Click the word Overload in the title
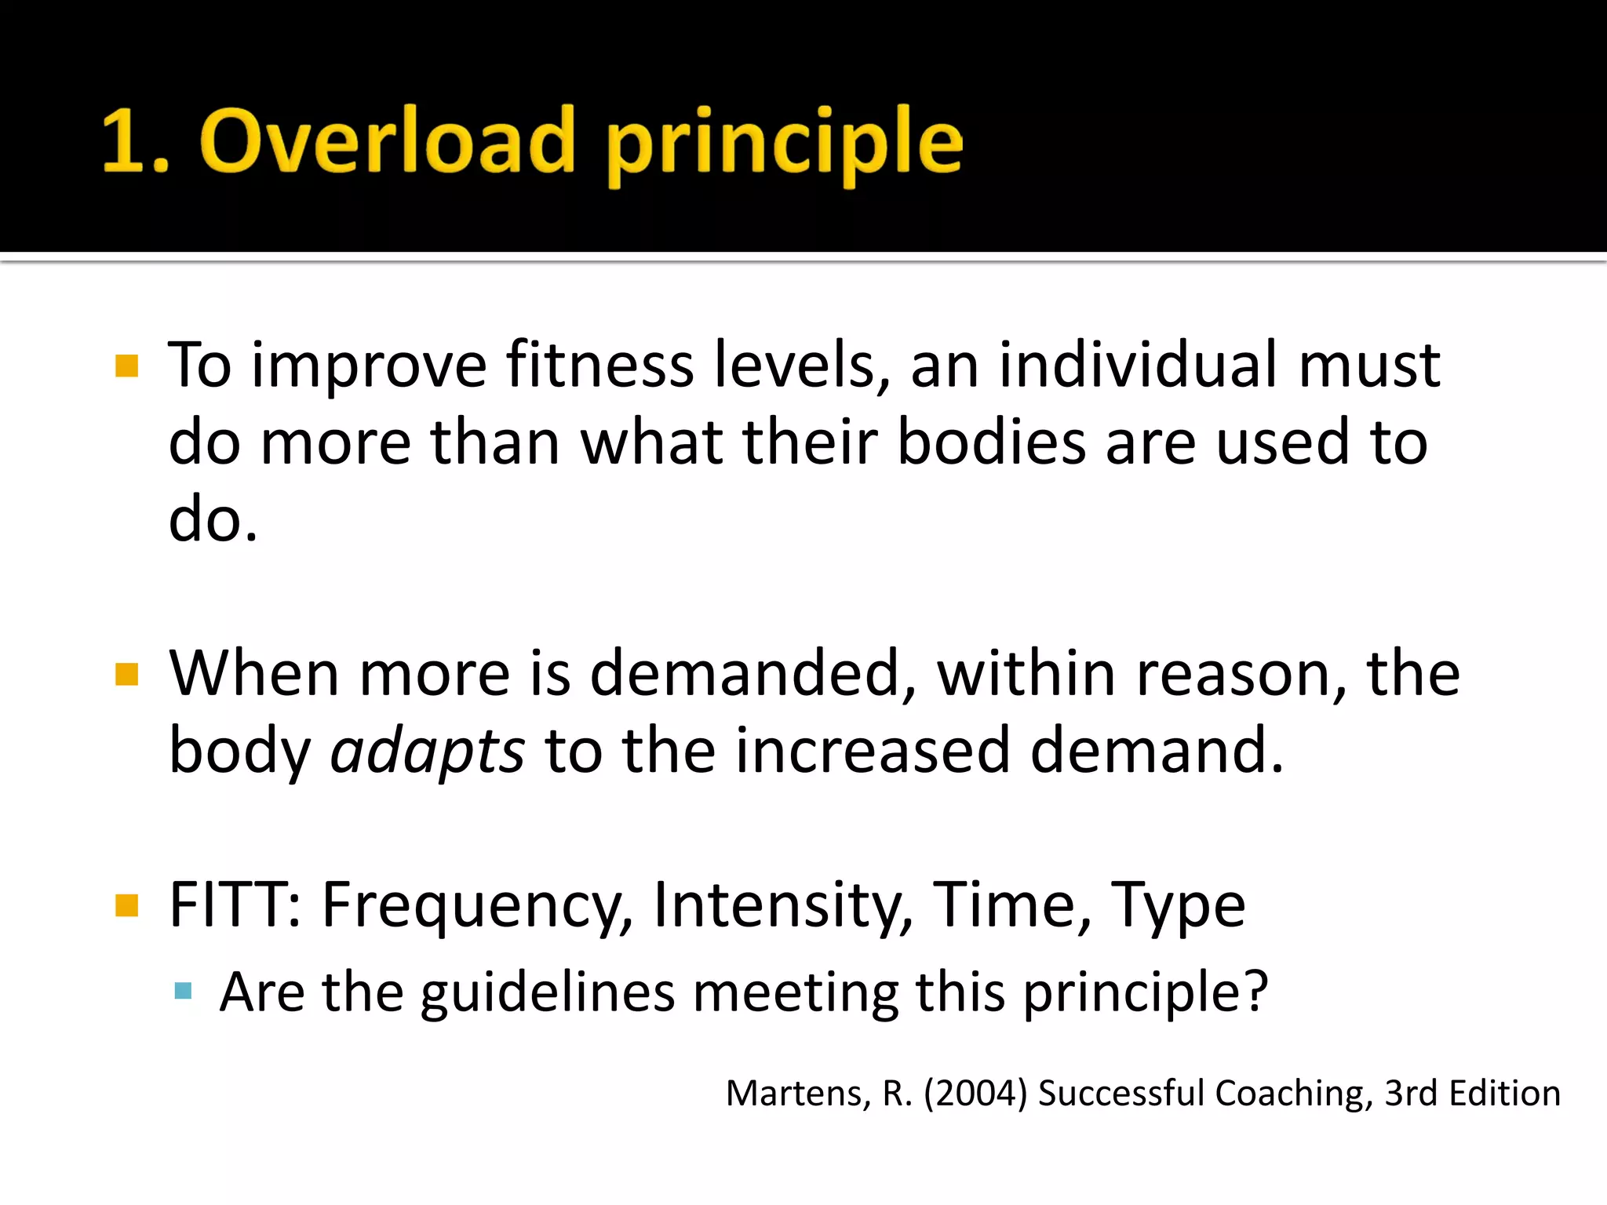point(388,141)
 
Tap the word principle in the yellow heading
point(785,145)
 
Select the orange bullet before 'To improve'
point(126,366)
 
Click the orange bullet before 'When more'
point(126,674)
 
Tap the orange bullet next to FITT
point(126,905)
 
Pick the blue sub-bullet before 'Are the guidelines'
point(184,991)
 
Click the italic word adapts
point(427,752)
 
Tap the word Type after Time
point(1177,906)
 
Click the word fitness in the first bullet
point(600,365)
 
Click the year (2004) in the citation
point(975,1093)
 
